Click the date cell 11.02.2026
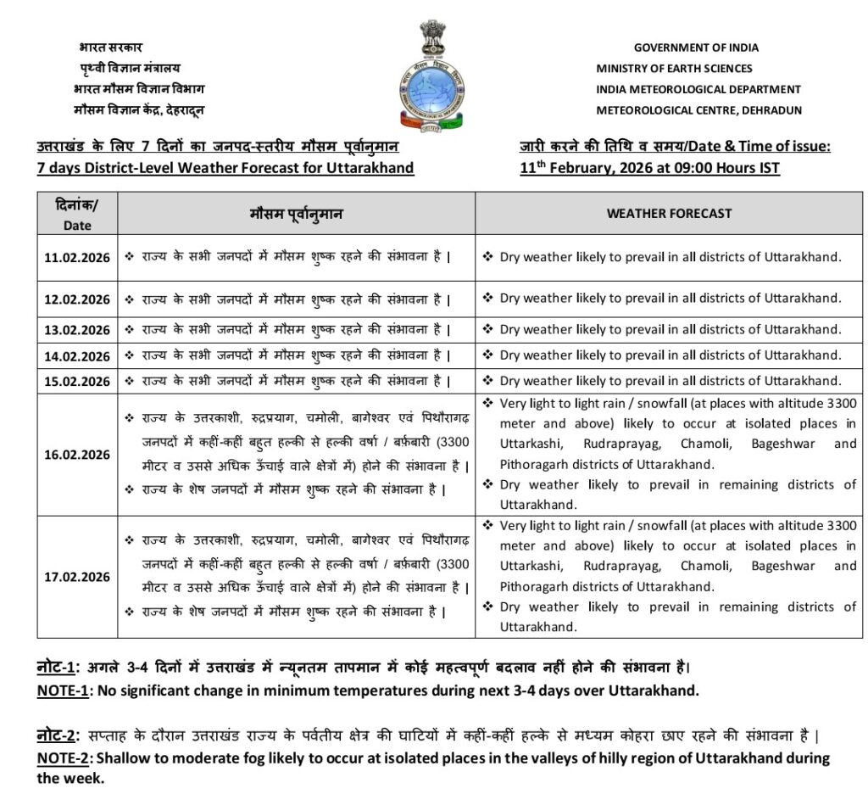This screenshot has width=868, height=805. [x=77, y=258]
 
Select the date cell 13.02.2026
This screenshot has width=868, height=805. [x=77, y=330]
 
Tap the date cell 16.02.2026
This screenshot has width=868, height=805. [x=77, y=455]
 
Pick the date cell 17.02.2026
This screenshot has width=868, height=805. [x=77, y=577]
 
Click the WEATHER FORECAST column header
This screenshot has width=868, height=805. [x=669, y=214]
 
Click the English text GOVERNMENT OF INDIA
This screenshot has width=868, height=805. [x=696, y=48]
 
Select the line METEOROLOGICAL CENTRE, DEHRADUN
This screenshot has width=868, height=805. [x=698, y=110]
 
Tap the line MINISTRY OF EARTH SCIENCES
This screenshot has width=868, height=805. [x=674, y=69]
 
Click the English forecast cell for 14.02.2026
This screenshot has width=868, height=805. [x=670, y=355]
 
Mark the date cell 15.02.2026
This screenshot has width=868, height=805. [x=77, y=382]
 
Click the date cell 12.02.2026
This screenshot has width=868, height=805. [x=77, y=299]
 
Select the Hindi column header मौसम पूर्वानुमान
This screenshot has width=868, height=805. [x=297, y=214]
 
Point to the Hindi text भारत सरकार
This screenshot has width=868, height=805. [x=110, y=47]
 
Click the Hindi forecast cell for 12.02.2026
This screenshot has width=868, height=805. [x=295, y=299]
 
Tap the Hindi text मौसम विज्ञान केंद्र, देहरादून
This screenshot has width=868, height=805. [x=139, y=110]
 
